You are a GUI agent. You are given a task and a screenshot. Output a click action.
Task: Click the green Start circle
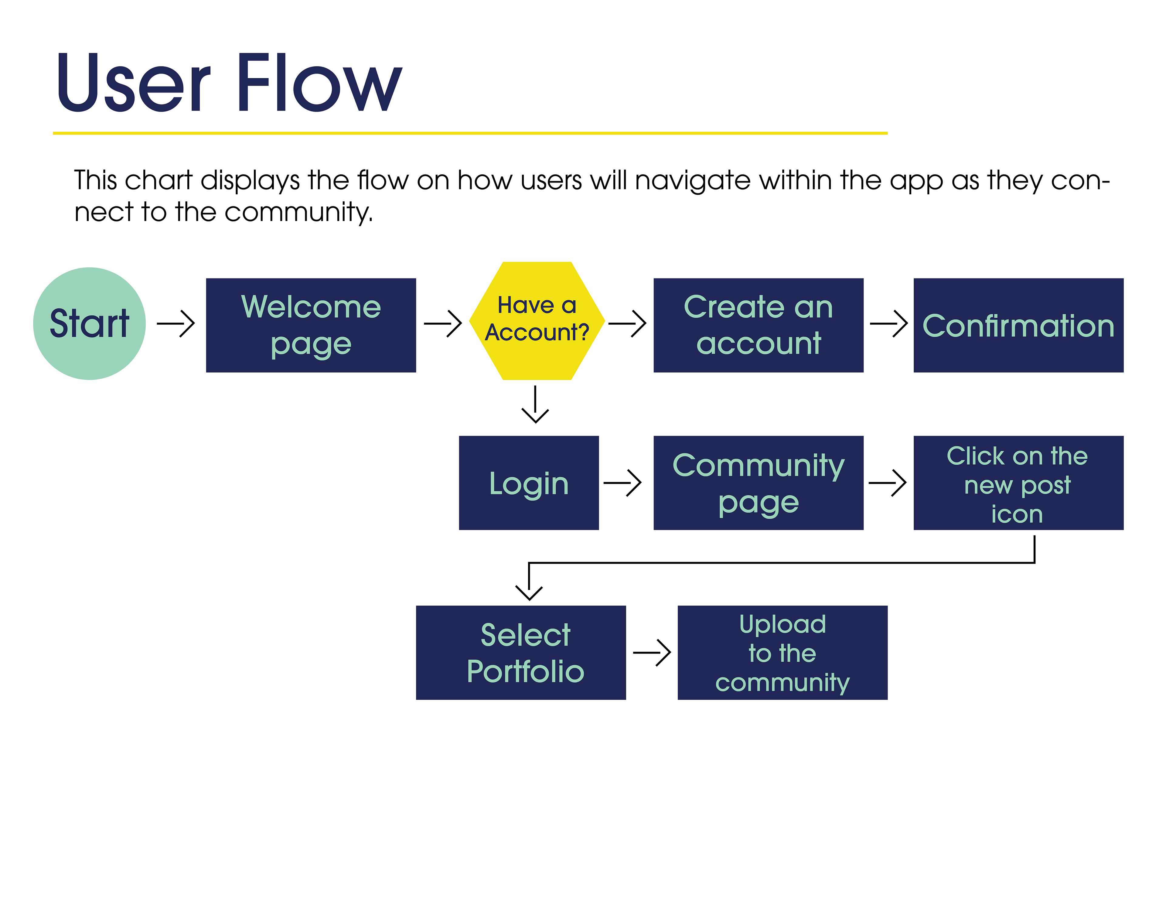click(89, 324)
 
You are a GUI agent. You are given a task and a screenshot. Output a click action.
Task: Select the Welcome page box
click(311, 325)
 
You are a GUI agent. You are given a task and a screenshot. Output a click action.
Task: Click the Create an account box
click(758, 325)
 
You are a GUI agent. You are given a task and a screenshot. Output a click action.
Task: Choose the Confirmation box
click(1018, 325)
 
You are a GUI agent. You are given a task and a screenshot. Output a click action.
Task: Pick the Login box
click(529, 483)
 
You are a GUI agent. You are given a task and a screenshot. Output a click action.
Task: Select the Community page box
click(758, 483)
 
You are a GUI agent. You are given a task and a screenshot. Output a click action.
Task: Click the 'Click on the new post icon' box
click(1018, 483)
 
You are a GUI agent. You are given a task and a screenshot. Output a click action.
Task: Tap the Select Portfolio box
click(520, 653)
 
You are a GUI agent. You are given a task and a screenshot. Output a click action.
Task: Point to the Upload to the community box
click(782, 653)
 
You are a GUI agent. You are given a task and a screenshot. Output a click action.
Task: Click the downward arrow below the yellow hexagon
click(535, 404)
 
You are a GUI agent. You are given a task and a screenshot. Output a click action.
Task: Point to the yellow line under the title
click(470, 133)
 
